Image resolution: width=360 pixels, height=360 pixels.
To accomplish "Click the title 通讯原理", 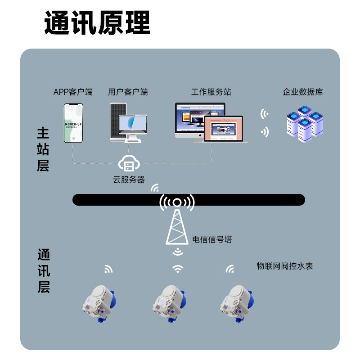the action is coord(97,23).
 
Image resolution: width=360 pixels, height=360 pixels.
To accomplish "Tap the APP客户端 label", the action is coord(73,92).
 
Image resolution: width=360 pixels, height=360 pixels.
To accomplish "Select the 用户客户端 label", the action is coord(128,92).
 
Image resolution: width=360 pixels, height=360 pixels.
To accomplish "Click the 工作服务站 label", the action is coord(211,92).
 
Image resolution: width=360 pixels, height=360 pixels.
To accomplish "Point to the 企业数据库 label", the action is coord(303,92).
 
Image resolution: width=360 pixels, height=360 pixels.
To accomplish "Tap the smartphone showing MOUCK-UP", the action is coord(73,123).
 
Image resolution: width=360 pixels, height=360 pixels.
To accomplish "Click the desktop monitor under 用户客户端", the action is coord(133,126).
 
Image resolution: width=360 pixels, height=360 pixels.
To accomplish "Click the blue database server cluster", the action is coord(305,123).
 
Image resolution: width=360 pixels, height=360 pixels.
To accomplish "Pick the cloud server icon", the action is coord(129,164).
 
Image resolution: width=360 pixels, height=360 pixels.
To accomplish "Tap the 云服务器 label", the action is coord(129,180).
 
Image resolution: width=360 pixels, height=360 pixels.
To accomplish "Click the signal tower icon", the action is coord(177,220).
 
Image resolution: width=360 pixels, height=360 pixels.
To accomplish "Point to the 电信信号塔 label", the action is coord(212,239).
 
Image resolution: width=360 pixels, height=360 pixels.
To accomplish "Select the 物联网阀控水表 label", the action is coord(284,266).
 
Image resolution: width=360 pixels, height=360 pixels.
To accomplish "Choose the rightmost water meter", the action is coord(237,301).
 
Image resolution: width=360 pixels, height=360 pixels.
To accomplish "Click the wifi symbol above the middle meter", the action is coord(178,269).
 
